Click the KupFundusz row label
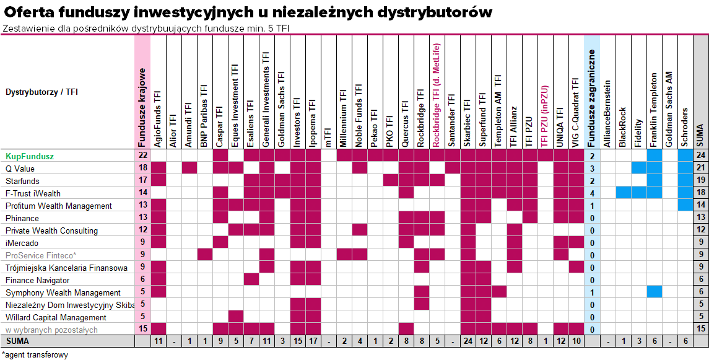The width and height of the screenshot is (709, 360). coord(30,156)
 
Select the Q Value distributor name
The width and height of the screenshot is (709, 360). coord(20,169)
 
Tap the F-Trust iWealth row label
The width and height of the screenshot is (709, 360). coord(33,193)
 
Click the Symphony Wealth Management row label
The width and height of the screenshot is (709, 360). coord(63,292)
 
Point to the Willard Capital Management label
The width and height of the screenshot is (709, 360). coord(56,317)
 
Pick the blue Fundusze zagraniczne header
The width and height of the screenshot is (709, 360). coord(592,92)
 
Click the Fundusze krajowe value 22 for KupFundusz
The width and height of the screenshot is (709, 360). coord(143,156)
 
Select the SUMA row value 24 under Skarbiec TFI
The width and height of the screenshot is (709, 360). coord(468,341)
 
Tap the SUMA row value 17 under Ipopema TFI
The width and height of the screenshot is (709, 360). coord(313,341)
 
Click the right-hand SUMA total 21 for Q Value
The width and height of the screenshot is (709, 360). coord(701,169)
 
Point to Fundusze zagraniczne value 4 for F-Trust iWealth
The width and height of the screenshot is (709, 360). coord(592,193)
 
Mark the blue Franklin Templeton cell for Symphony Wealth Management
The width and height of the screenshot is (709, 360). coord(654,292)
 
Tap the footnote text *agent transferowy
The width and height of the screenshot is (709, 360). coord(35,354)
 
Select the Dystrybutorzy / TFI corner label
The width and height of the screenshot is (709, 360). coord(42,92)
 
